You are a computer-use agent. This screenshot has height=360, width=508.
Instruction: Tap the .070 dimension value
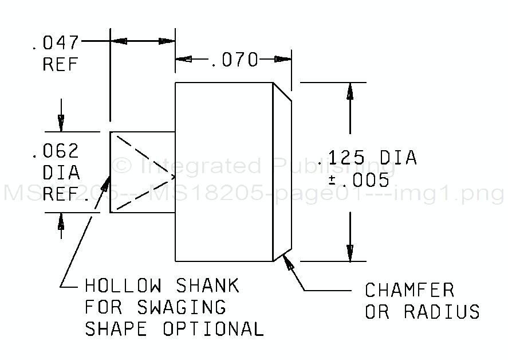pyautogui.click(x=235, y=60)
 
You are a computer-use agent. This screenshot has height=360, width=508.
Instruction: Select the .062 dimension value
pyautogui.click(x=56, y=151)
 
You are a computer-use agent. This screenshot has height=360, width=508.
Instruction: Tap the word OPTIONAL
pyautogui.click(x=212, y=329)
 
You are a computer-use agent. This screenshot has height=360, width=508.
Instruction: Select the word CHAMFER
pyautogui.click(x=409, y=290)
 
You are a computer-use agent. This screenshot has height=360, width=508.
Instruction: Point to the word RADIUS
pyautogui.click(x=442, y=312)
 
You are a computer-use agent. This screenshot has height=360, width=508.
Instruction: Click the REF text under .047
pyautogui.click(x=60, y=65)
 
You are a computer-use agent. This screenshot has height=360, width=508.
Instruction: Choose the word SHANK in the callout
pyautogui.click(x=207, y=285)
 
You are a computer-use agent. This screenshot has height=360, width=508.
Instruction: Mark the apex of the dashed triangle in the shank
pyautogui.click(x=173, y=174)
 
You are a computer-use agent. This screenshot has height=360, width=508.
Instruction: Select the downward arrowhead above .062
pyautogui.click(x=61, y=123)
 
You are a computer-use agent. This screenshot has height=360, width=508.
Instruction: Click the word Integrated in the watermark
pyautogui.click(x=200, y=167)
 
